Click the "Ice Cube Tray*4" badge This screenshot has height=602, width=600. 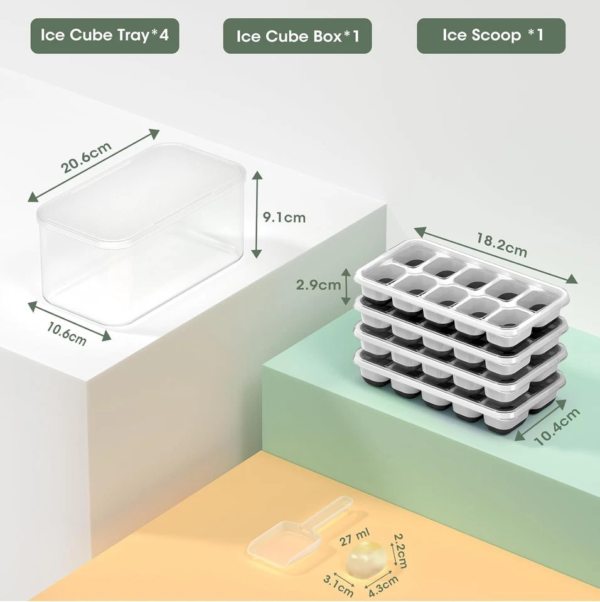pos(105,35)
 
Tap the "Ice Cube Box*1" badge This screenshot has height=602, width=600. pos(297,36)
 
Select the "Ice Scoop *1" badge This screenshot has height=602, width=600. pos(491,35)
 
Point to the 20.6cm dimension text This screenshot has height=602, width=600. pos(86,157)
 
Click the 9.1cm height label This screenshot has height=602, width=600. pos(284,218)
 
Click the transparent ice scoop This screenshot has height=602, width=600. pos(280,539)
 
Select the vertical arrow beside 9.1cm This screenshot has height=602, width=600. pos(256,215)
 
